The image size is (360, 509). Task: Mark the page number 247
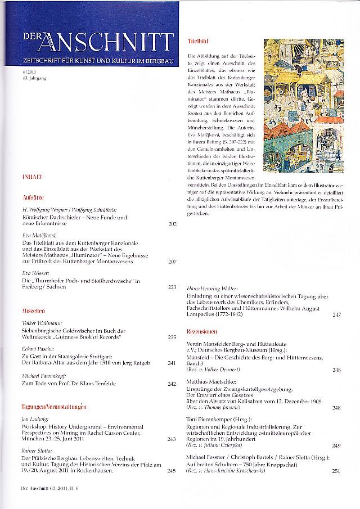pyautogui.click(x=336, y=314)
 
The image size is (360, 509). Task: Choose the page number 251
pyautogui.click(x=336, y=471)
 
